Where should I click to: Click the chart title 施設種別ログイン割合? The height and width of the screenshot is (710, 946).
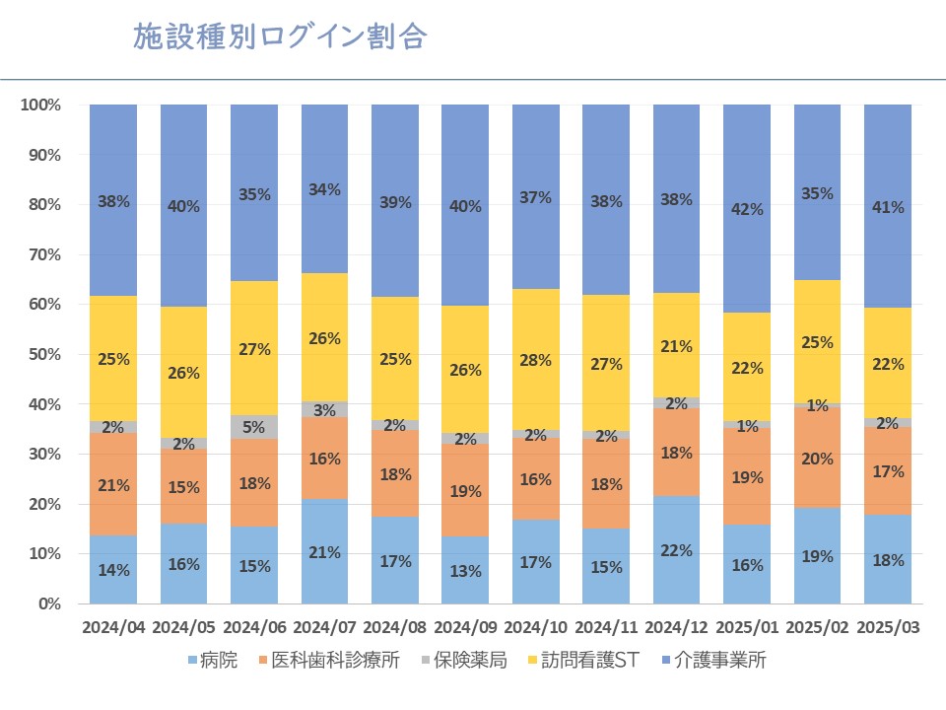click(280, 37)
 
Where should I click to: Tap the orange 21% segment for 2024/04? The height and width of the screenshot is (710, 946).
click(113, 484)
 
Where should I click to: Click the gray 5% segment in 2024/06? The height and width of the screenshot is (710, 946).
click(254, 427)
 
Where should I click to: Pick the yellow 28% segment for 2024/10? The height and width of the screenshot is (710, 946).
click(536, 359)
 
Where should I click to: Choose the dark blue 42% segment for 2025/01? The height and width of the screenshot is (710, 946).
click(747, 208)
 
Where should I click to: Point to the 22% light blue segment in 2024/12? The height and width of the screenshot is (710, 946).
click(676, 549)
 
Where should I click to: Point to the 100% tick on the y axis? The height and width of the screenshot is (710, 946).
click(42, 106)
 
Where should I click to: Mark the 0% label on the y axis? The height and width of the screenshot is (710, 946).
click(49, 603)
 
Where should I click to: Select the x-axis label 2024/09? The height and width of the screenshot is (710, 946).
click(465, 627)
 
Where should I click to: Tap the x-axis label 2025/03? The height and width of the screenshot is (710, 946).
click(888, 627)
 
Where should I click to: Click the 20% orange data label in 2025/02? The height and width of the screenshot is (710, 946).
click(817, 458)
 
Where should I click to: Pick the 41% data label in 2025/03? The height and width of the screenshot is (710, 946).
click(888, 207)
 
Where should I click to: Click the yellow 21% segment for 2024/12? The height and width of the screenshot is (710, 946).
click(676, 345)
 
